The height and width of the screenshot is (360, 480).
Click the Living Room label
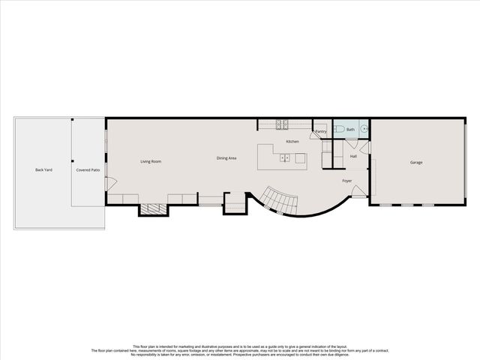click(151, 161)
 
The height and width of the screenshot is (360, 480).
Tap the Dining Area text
click(226, 158)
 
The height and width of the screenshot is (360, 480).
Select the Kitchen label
click(292, 142)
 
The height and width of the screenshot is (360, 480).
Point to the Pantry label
click(321, 131)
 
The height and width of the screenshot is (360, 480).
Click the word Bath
click(350, 130)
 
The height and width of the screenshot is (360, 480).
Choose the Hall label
click(352, 156)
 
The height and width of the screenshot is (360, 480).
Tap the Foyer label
click(347, 181)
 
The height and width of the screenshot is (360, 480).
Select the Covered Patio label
click(88, 170)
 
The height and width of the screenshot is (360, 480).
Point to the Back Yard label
click(43, 170)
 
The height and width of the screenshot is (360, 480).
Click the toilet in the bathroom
click(339, 130)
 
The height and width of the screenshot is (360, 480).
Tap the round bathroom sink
click(364, 130)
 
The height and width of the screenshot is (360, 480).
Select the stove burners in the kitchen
click(282, 124)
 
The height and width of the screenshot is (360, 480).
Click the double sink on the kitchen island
click(285, 157)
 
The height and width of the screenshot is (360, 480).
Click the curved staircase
click(281, 201)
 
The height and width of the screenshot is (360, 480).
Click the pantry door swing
click(315, 136)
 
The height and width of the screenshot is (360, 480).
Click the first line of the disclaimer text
click(240, 346)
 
